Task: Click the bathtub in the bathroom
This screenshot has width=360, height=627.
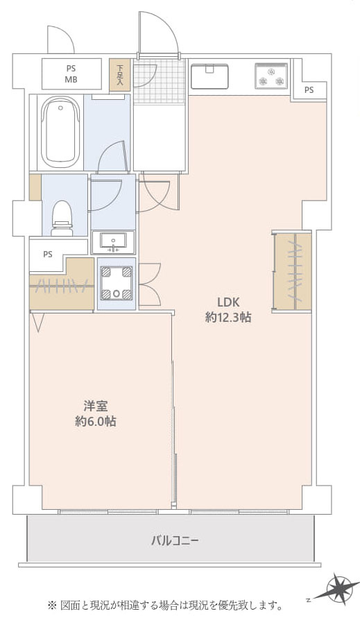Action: (x=60, y=132)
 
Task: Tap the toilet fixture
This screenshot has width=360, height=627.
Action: (x=62, y=218)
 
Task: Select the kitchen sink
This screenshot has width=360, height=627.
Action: (x=209, y=76)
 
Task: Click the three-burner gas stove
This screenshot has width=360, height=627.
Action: (x=271, y=76)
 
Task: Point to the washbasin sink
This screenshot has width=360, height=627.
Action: (x=113, y=242)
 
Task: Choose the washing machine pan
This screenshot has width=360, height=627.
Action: (x=117, y=284)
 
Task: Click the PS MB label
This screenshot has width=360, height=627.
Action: (x=71, y=74)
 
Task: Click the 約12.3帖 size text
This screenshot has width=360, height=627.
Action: (x=228, y=318)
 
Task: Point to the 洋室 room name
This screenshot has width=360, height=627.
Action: (x=96, y=406)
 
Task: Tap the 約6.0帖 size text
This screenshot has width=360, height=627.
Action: (x=96, y=422)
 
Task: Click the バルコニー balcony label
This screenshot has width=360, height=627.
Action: (x=175, y=542)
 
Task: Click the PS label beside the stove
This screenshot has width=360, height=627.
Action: (x=309, y=90)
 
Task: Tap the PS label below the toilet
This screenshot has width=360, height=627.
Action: (x=48, y=255)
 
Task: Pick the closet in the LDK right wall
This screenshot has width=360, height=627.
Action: (x=293, y=271)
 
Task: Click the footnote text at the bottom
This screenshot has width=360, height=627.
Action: (x=165, y=605)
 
